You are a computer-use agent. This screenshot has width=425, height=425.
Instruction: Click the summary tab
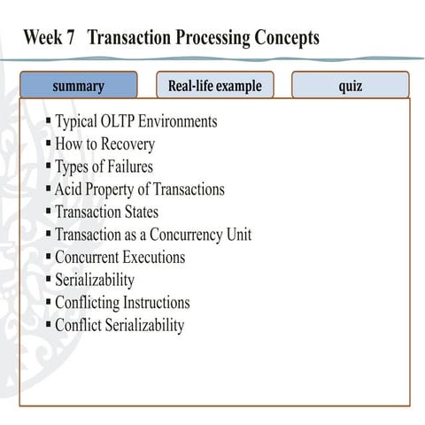(78, 86)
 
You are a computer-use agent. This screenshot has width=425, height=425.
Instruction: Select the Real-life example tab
(215, 86)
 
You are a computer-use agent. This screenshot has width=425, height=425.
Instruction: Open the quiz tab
(351, 86)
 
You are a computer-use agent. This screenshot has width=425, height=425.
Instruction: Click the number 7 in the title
(69, 39)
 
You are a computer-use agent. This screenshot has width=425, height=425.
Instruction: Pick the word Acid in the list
(68, 189)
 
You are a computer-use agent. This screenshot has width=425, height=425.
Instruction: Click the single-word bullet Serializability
(95, 280)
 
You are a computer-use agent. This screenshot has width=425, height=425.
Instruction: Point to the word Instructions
(156, 303)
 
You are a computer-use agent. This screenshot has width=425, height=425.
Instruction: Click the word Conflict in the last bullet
(78, 325)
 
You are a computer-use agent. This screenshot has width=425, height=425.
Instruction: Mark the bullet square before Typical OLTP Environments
(48, 120)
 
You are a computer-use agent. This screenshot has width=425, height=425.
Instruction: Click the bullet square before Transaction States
(48, 211)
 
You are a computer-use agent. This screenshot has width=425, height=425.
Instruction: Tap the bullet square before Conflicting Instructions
(48, 302)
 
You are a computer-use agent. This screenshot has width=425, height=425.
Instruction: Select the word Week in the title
(42, 39)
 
